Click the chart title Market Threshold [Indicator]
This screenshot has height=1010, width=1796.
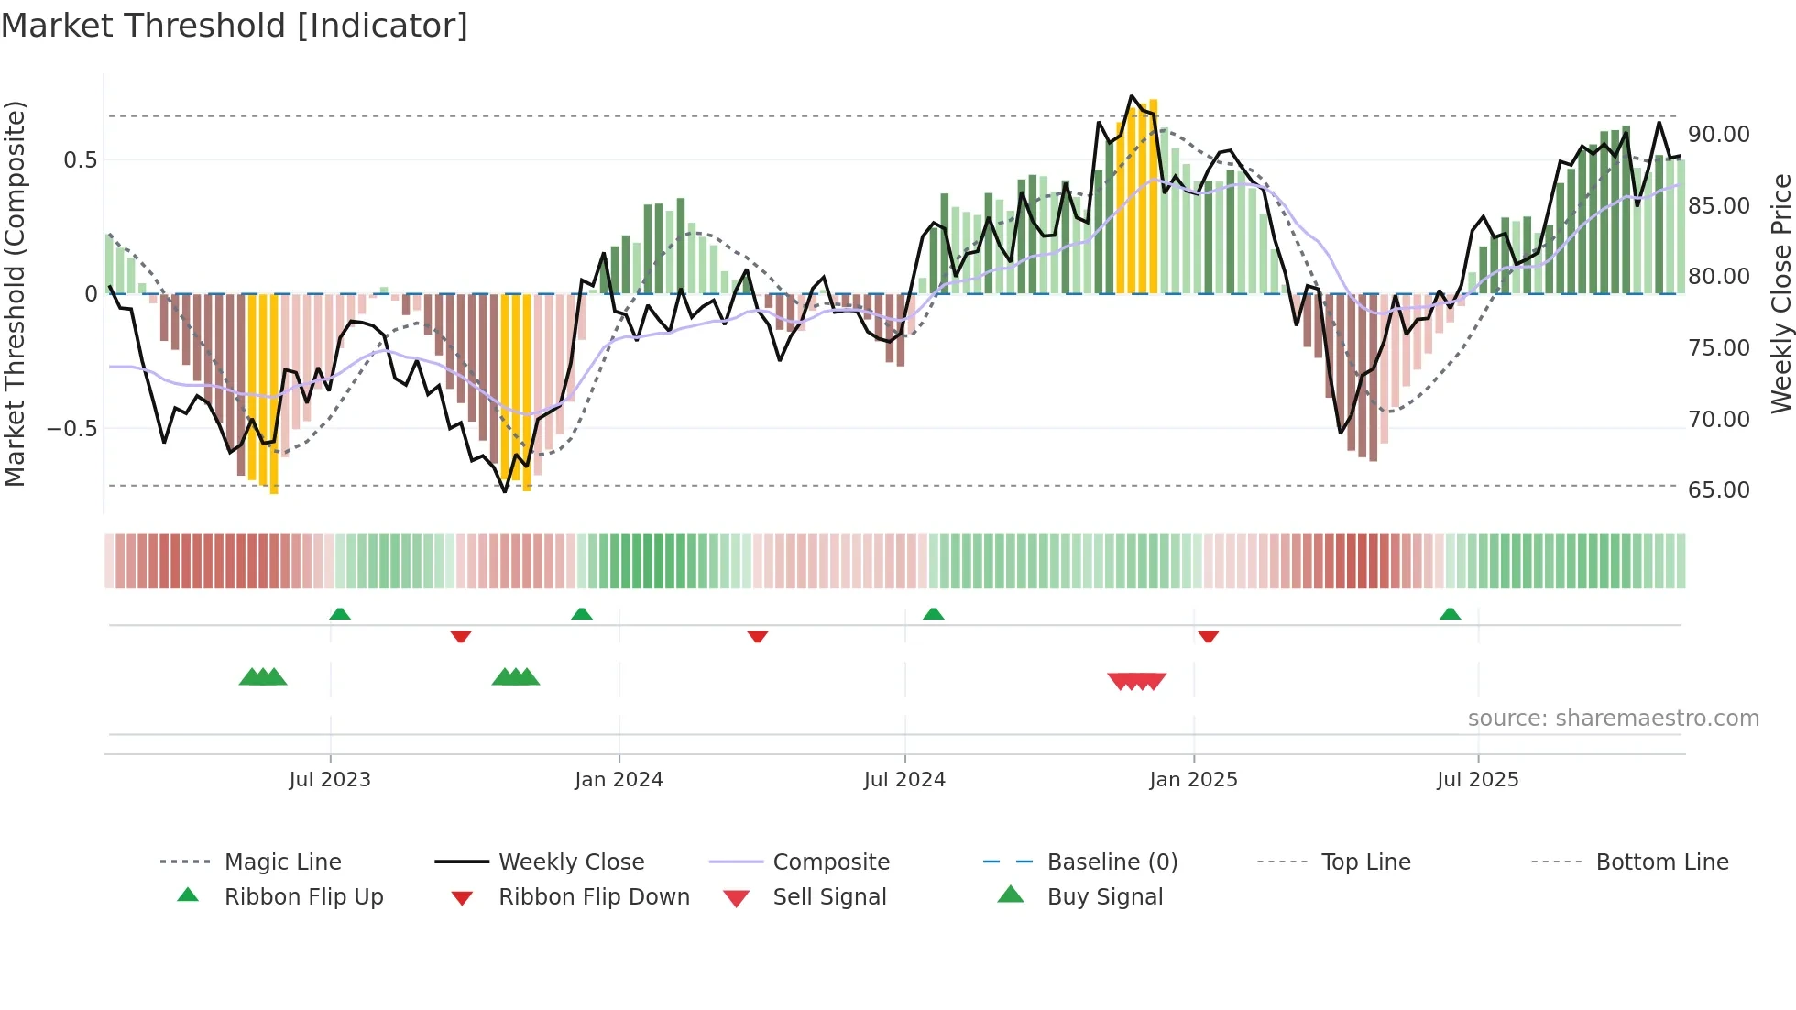(x=235, y=26)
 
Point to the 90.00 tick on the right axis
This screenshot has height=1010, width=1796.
(x=1718, y=135)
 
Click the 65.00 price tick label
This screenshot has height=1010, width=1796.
(x=1718, y=490)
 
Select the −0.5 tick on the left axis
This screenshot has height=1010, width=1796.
(x=71, y=429)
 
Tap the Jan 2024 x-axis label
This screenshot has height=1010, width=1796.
(x=619, y=780)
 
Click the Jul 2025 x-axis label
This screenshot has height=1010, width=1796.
(x=1477, y=780)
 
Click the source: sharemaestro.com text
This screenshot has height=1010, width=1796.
(x=1613, y=719)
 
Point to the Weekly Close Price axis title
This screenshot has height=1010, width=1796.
(x=1780, y=293)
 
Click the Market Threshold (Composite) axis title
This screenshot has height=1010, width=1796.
(x=15, y=293)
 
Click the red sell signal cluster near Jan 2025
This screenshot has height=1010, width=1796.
(x=1136, y=681)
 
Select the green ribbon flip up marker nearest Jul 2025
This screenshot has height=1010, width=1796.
(x=1450, y=614)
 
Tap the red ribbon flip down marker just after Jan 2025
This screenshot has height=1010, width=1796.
(x=1208, y=636)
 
